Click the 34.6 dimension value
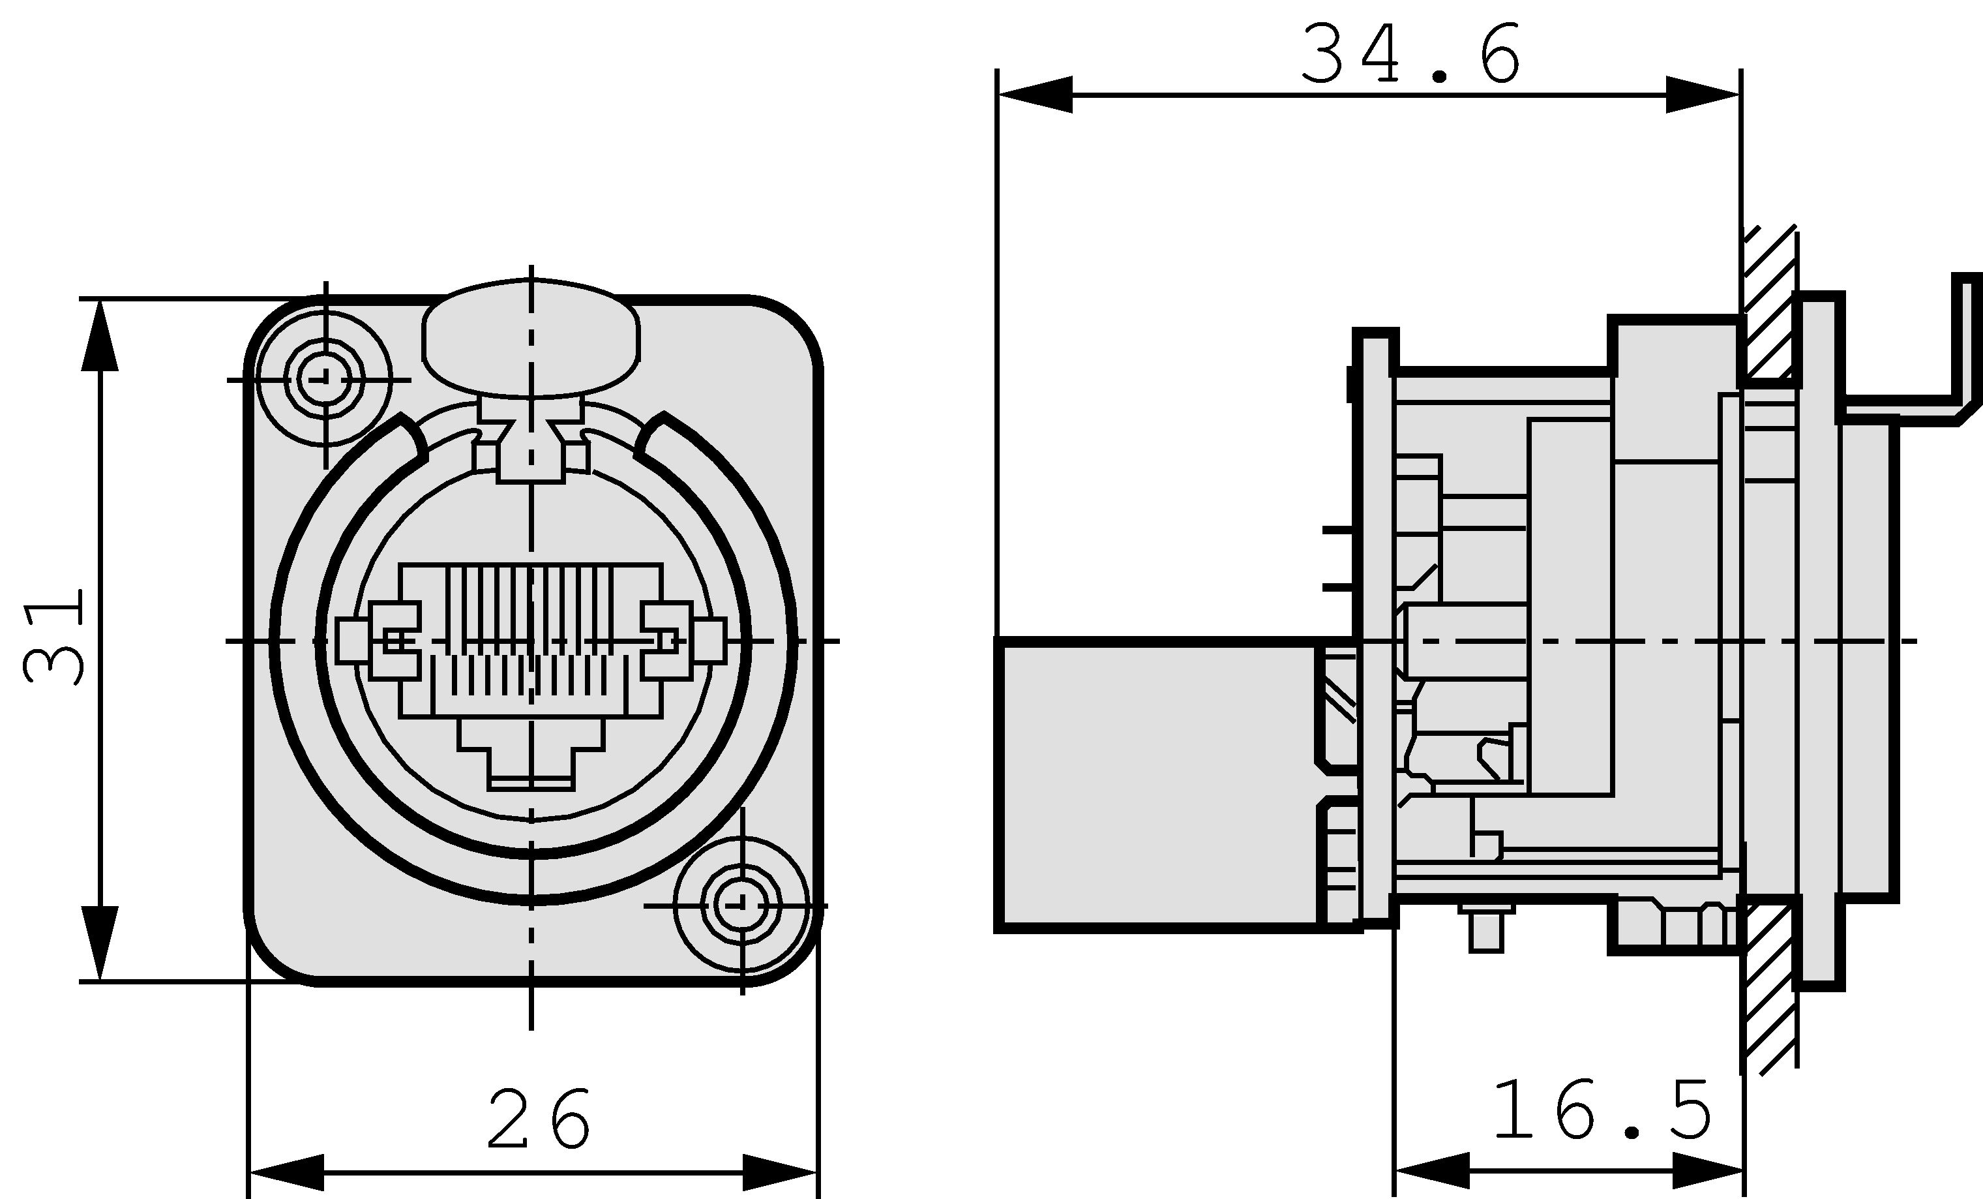tap(1410, 54)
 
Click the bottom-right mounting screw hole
tap(741, 905)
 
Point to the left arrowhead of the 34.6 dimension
tap(1035, 95)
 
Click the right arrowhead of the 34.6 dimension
tap(1701, 95)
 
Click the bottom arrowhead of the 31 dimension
tap(100, 942)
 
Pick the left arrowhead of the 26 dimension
tap(286, 1172)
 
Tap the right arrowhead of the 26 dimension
tap(779, 1172)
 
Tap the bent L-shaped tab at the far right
tap(1963, 354)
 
